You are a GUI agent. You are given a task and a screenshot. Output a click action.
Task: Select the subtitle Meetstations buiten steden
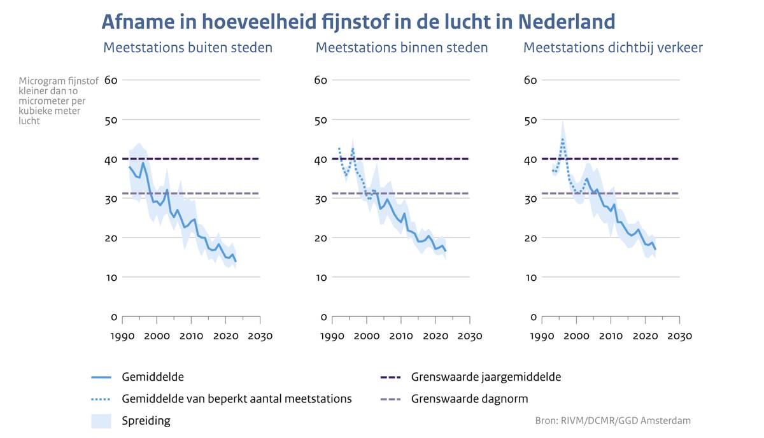tap(188, 48)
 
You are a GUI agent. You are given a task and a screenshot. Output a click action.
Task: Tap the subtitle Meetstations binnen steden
tap(402, 48)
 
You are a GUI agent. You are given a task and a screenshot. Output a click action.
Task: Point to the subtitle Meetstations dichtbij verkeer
tap(613, 48)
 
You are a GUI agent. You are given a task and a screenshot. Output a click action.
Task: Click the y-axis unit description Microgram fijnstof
tap(59, 81)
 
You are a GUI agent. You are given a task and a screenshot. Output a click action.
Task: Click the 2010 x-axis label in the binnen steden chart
tap(401, 336)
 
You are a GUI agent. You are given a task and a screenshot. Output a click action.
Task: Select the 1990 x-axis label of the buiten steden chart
tap(122, 336)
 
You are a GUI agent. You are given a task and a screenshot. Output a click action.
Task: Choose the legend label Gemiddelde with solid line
tap(153, 377)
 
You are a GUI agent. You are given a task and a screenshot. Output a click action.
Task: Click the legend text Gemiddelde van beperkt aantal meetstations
tap(236, 399)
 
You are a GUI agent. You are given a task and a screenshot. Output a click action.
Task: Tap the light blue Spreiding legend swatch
tap(101, 421)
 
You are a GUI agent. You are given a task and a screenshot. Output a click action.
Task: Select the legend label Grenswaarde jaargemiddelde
tap(486, 377)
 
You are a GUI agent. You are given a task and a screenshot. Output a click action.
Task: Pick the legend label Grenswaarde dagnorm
tap(469, 399)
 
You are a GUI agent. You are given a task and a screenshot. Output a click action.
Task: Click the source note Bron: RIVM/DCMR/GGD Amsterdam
tap(612, 421)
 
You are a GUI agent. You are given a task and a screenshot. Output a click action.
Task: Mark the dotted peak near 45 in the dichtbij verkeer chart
tap(563, 139)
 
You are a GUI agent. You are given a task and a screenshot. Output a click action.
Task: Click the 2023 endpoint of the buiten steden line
tap(236, 261)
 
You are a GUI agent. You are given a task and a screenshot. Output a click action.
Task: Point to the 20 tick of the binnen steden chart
tap(322, 238)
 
